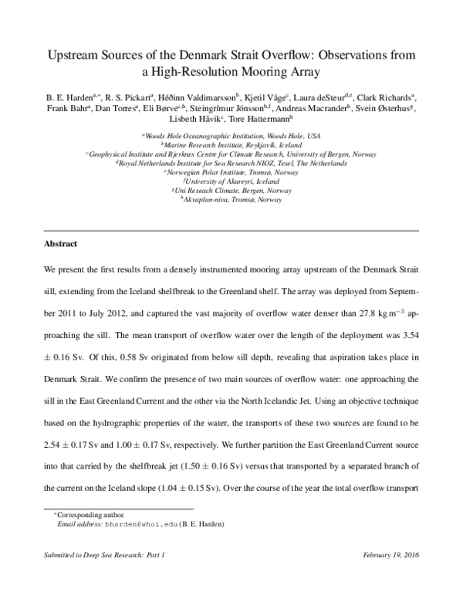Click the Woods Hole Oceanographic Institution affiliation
point(231,135)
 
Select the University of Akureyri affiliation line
point(231,181)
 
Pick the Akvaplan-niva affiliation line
point(231,199)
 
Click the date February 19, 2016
point(389,555)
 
